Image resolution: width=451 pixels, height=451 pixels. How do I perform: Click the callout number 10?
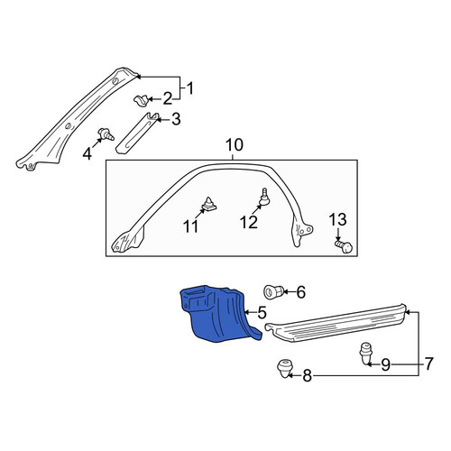tap(235, 145)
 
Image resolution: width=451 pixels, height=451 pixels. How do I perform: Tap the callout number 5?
tap(262, 312)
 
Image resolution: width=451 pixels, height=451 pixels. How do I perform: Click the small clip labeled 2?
tap(141, 100)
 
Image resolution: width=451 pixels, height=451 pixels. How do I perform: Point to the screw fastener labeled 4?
tap(106, 134)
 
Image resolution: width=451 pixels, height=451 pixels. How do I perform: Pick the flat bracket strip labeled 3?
tap(137, 133)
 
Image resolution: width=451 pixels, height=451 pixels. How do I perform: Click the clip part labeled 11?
tap(209, 204)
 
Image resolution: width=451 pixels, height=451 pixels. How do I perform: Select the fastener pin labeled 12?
tap(263, 198)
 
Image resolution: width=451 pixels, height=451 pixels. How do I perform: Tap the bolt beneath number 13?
tap(344, 246)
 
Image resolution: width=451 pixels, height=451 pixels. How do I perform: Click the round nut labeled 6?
tap(272, 291)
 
